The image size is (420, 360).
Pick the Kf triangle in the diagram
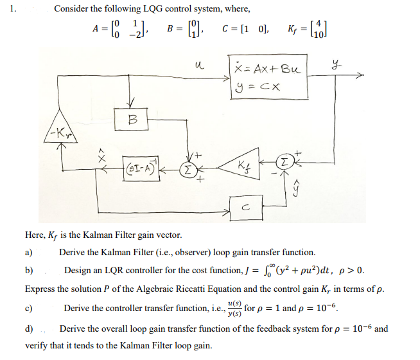(x=245, y=169)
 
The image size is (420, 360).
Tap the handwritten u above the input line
(x=198, y=64)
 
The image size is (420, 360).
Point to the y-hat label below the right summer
(x=297, y=188)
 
